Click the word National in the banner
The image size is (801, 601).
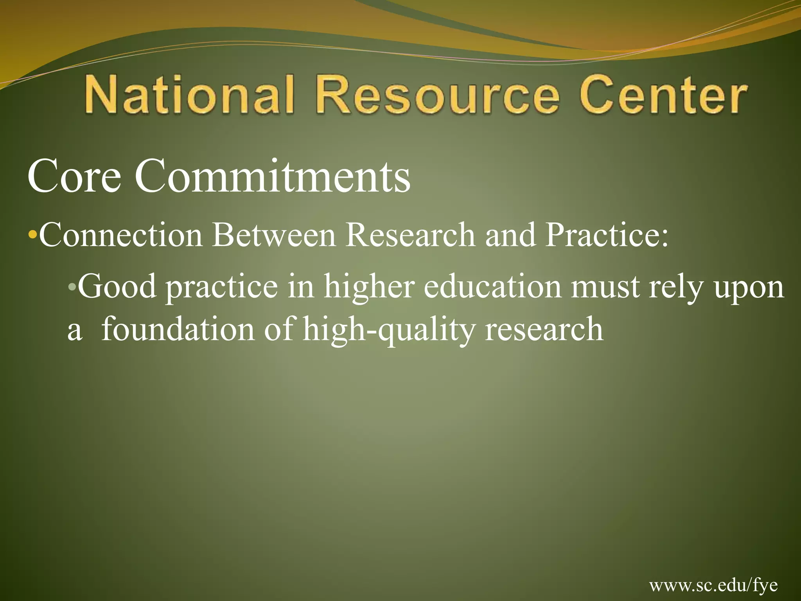click(x=189, y=95)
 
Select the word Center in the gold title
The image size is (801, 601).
click(x=663, y=95)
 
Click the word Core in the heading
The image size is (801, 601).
click(x=74, y=177)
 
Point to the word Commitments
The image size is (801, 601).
click(x=273, y=177)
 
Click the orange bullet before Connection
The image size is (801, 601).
click(x=33, y=236)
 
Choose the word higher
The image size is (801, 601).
click(x=369, y=287)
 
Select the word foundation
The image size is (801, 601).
click(x=178, y=329)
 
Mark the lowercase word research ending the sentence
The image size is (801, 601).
click(x=544, y=329)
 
